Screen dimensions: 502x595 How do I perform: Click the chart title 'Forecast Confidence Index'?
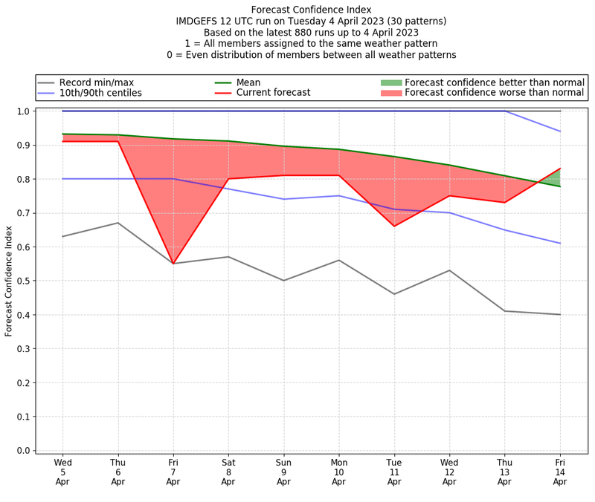311,10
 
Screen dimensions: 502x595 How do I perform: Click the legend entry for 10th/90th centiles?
100,94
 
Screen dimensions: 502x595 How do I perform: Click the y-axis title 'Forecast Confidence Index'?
9,281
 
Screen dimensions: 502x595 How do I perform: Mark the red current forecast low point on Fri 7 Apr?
173,264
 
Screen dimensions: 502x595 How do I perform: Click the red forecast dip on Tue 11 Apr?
394,226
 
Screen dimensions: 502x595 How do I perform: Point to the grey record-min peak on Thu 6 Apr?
118,223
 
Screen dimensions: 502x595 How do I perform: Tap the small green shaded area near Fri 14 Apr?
555,178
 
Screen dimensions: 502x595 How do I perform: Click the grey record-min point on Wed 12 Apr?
449,270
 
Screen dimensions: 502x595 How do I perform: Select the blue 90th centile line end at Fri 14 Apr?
560,131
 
